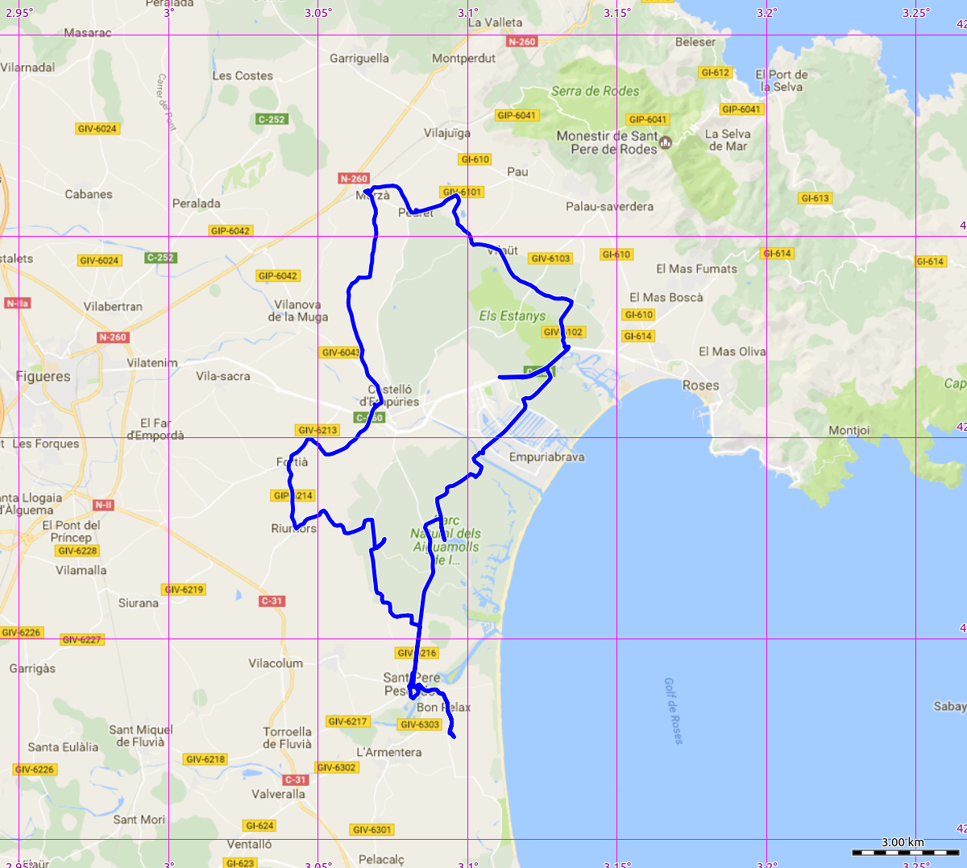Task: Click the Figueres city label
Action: tap(44, 376)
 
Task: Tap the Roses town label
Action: tap(700, 386)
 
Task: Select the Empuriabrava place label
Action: tap(547, 457)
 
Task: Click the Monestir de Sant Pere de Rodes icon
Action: tap(666, 143)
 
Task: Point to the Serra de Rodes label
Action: tap(595, 91)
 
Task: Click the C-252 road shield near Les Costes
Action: tap(272, 119)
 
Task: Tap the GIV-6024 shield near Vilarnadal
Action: tap(98, 129)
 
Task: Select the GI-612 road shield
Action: tap(716, 72)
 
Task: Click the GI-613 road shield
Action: tap(815, 198)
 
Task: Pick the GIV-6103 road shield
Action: tap(550, 258)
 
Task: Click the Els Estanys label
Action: tap(513, 316)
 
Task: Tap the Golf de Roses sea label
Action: tap(673, 710)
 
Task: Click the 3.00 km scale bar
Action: tap(902, 851)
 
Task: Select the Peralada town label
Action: tap(197, 204)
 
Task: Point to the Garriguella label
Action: tap(359, 58)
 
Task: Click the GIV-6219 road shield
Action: tap(184, 589)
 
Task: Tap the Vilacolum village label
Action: tap(276, 663)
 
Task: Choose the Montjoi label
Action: tap(849, 431)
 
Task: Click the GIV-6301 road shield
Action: tap(372, 829)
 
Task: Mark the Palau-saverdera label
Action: tap(609, 207)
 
